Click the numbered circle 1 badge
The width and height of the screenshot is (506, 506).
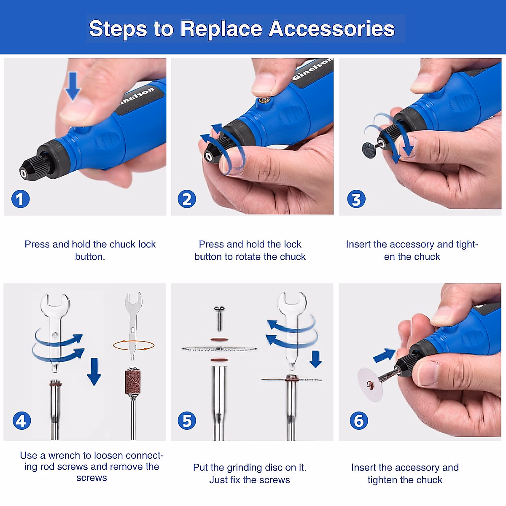21,199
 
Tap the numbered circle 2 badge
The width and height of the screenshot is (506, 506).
187,199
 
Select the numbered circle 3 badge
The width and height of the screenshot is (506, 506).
356,199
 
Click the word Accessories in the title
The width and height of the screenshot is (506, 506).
332,29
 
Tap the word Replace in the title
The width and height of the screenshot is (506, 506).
221,30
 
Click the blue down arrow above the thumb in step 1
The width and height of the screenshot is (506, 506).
73,86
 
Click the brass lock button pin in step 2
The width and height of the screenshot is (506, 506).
261,101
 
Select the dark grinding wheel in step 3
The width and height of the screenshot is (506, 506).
369,150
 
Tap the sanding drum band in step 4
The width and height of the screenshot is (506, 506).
132,382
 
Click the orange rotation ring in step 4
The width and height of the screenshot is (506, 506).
134,345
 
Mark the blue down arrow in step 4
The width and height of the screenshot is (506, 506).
94,372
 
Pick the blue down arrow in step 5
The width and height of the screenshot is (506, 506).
315,359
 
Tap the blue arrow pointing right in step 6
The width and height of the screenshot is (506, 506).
384,356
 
